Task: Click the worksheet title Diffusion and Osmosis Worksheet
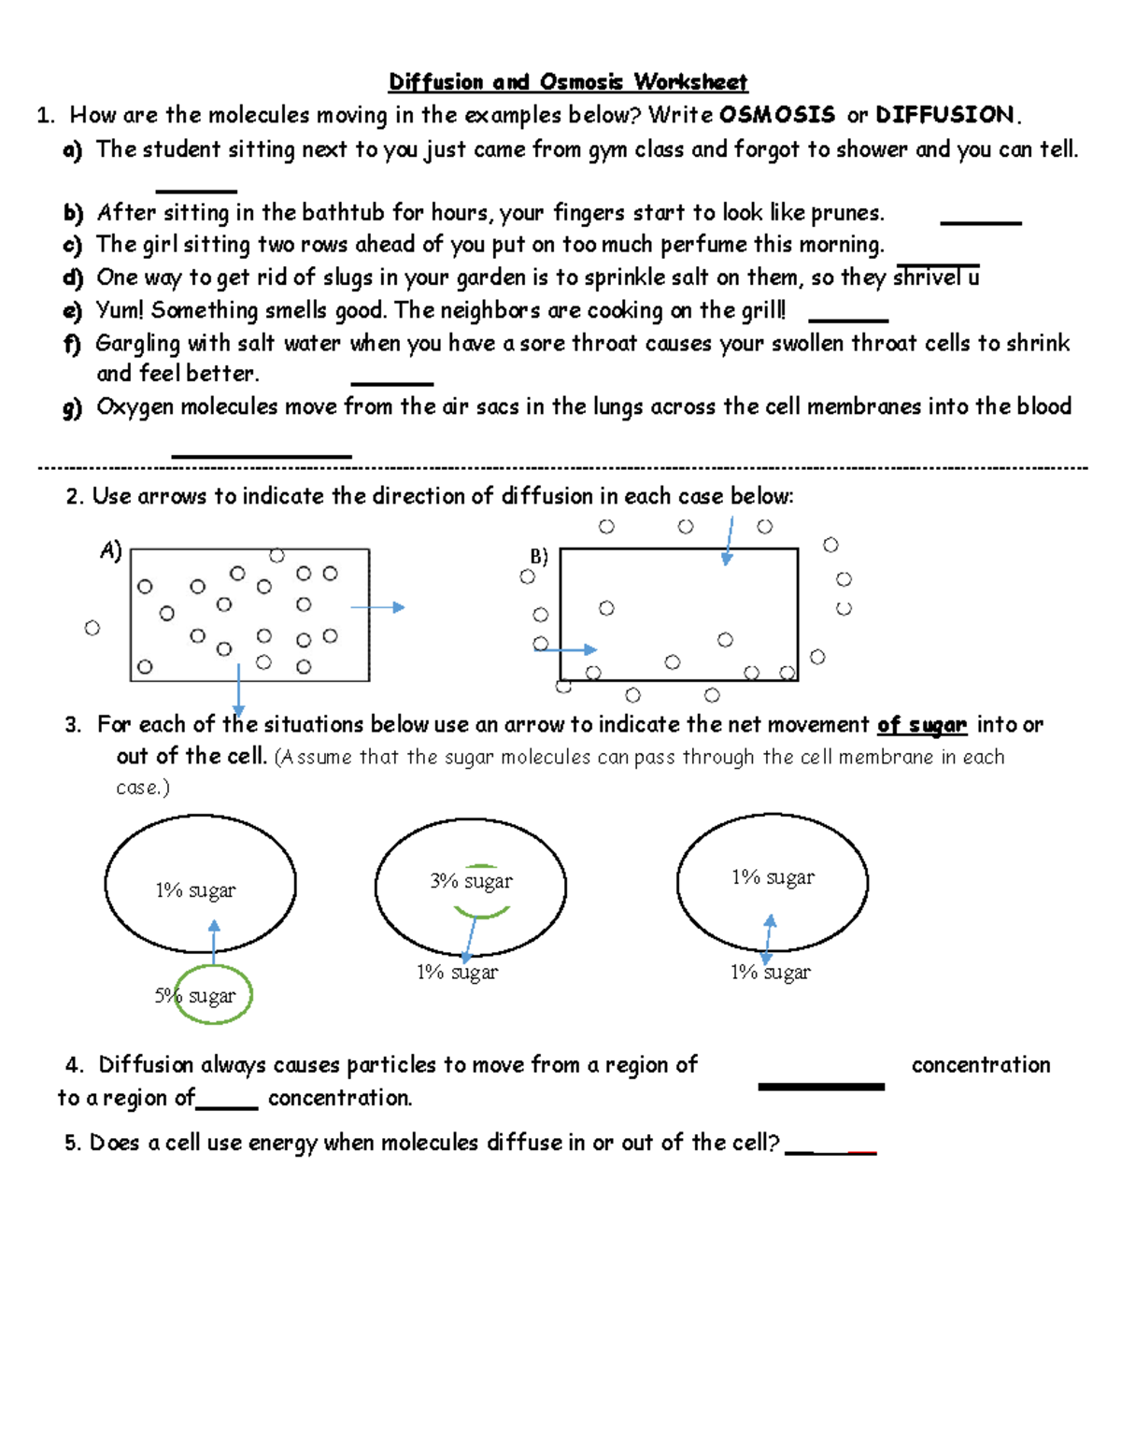(568, 82)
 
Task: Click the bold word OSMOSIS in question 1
(776, 115)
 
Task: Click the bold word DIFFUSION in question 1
(944, 115)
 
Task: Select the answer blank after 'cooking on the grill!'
(847, 320)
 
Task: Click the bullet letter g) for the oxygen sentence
(72, 407)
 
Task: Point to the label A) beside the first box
(111, 551)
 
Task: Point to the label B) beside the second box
(539, 557)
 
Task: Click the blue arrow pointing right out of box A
(377, 607)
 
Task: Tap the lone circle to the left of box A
(92, 628)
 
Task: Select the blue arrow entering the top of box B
(729, 541)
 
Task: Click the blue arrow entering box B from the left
(565, 648)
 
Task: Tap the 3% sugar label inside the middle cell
(471, 881)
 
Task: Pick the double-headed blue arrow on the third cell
(768, 940)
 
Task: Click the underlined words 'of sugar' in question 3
(921, 725)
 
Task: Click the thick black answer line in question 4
(820, 1087)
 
